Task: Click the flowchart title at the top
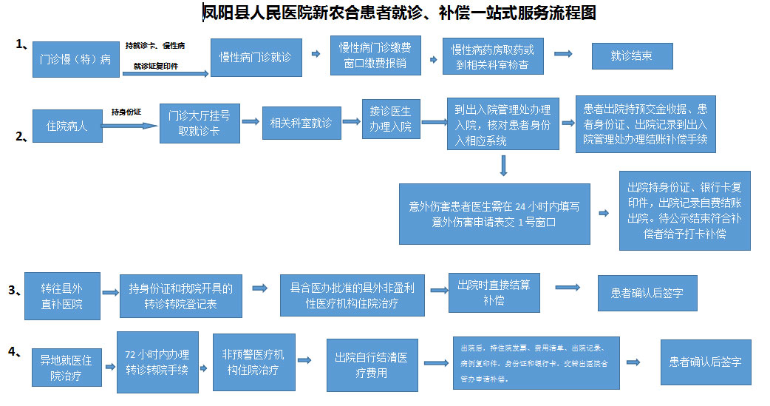[399, 13]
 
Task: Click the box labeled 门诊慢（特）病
[75, 60]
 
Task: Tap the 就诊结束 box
[632, 56]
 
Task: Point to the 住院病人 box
[67, 126]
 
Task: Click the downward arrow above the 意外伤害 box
[503, 166]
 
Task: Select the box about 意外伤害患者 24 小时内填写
[494, 213]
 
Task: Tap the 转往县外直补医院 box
[62, 296]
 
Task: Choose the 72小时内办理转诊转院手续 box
[157, 362]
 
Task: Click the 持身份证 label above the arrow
[126, 112]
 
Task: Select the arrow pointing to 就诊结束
[563, 54]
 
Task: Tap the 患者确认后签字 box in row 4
[705, 362]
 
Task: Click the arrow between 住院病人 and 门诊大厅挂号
[130, 126]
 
